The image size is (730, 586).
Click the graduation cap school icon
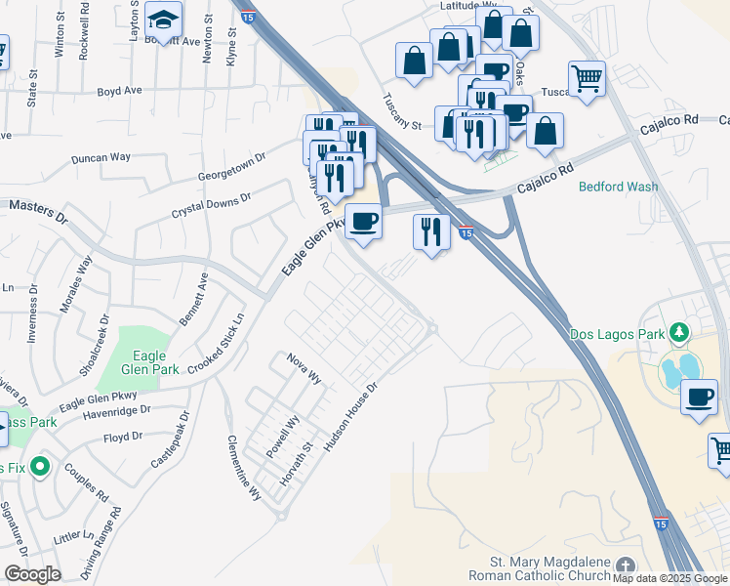pyautogui.click(x=164, y=19)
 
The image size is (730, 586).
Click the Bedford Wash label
pyautogui.click(x=618, y=187)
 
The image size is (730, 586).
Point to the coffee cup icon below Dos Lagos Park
pyautogui.click(x=699, y=397)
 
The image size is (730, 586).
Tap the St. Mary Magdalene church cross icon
pyautogui.click(x=625, y=566)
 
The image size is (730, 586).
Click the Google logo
pyautogui.click(x=31, y=574)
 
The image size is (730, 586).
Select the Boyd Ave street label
pyautogui.click(x=119, y=91)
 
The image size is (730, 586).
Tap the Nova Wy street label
pyautogui.click(x=304, y=369)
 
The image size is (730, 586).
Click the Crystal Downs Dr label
pyautogui.click(x=212, y=204)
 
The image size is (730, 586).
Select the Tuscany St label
pyautogui.click(x=401, y=111)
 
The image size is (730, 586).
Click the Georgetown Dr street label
pyautogui.click(x=231, y=163)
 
